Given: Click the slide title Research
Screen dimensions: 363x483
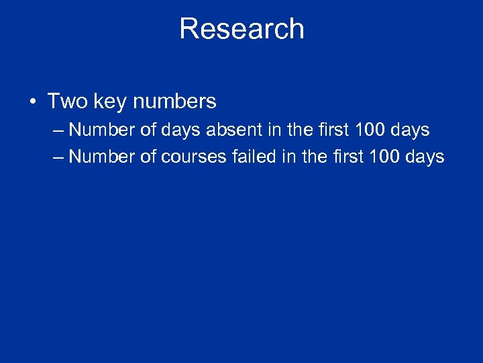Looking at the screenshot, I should tap(241, 29).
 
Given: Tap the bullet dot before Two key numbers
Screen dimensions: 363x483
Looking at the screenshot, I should tap(32, 102).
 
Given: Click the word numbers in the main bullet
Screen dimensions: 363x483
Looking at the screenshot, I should tap(174, 102).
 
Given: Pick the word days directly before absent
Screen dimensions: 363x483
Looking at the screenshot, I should tap(181, 129).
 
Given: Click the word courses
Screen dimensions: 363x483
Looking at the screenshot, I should tap(194, 157).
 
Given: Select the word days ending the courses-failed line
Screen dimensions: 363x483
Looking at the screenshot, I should tap(427, 157).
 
